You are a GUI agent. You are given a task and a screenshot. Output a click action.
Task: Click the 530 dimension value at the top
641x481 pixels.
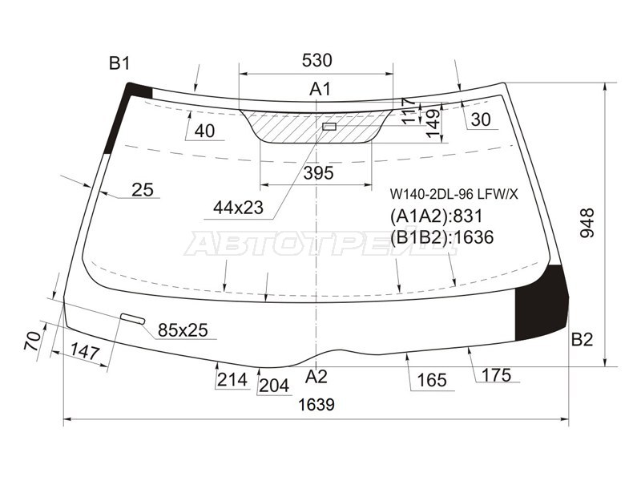point(316,61)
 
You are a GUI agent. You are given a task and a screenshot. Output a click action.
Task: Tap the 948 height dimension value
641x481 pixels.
point(587,223)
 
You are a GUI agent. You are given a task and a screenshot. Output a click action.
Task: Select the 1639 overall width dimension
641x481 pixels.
point(316,405)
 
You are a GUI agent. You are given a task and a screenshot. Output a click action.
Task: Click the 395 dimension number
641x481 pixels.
point(318,173)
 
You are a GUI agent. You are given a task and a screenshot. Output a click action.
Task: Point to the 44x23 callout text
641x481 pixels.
point(238,208)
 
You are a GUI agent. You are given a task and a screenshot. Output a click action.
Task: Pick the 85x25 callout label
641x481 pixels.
point(183,330)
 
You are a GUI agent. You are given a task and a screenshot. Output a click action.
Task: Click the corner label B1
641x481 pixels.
point(119,63)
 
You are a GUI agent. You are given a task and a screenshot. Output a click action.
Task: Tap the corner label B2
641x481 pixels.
point(582,339)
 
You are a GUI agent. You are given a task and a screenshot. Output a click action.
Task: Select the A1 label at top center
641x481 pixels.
point(320,89)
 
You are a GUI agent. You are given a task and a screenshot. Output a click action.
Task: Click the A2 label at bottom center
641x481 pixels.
point(316,376)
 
